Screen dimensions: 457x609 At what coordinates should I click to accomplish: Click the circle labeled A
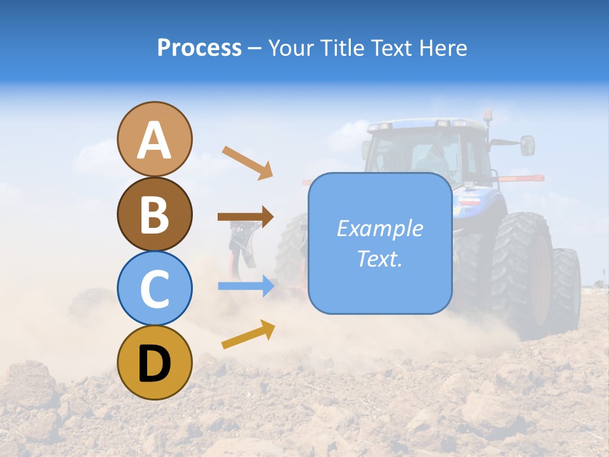pyautogui.click(x=154, y=139)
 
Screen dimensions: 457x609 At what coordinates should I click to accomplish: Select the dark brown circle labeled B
pyautogui.click(x=154, y=214)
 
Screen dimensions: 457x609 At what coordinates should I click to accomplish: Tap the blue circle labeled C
pyautogui.click(x=154, y=288)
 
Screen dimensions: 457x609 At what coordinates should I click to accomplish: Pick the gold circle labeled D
pyautogui.click(x=154, y=362)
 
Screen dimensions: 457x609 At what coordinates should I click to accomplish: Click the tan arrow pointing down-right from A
pyautogui.click(x=247, y=162)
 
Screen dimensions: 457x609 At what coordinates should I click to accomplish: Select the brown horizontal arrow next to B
pyautogui.click(x=246, y=217)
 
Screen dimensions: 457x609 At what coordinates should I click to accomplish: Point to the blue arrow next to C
pyautogui.click(x=246, y=286)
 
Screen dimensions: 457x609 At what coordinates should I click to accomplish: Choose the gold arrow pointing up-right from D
pyautogui.click(x=248, y=334)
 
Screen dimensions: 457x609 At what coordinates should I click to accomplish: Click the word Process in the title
pyautogui.click(x=199, y=48)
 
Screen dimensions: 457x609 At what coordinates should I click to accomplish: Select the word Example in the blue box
pyautogui.click(x=379, y=228)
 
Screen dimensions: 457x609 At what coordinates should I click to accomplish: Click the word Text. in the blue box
pyautogui.click(x=379, y=258)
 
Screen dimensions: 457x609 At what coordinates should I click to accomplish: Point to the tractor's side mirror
pyautogui.click(x=527, y=145)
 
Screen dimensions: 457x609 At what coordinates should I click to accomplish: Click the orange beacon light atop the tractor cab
pyautogui.click(x=488, y=116)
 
